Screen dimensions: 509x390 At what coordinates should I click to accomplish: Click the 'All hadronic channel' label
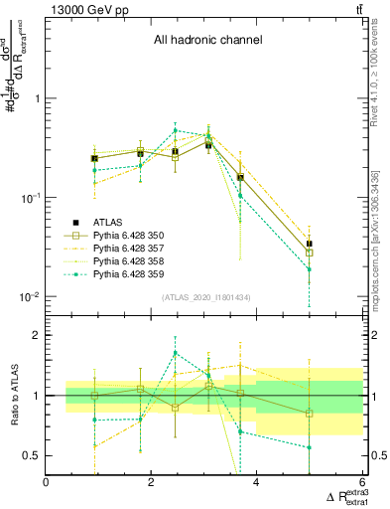(207, 41)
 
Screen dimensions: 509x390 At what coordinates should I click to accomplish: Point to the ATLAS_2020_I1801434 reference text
(205, 296)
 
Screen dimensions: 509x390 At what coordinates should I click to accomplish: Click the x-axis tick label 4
(256, 484)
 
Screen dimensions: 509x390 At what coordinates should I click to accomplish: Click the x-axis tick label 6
(361, 484)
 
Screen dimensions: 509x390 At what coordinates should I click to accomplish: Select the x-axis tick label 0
(46, 484)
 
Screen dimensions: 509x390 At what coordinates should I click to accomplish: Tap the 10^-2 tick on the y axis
(30, 297)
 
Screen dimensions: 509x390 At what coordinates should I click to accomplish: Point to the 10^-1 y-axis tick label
(30, 198)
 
